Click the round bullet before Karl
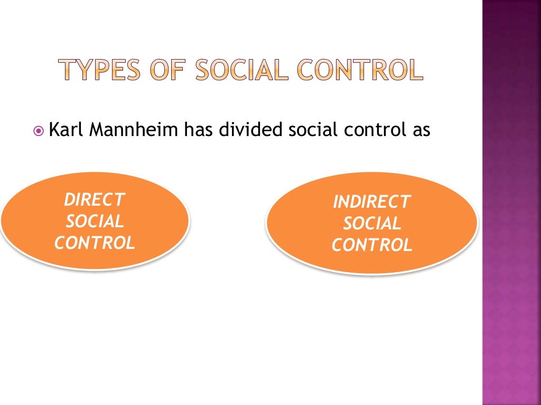coord(39,130)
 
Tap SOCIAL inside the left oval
coord(95,221)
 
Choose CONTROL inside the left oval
coord(95,243)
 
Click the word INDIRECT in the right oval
coord(371,202)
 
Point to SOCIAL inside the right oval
coord(372,224)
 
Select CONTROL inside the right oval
coord(372,245)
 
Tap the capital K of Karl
coord(53,130)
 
